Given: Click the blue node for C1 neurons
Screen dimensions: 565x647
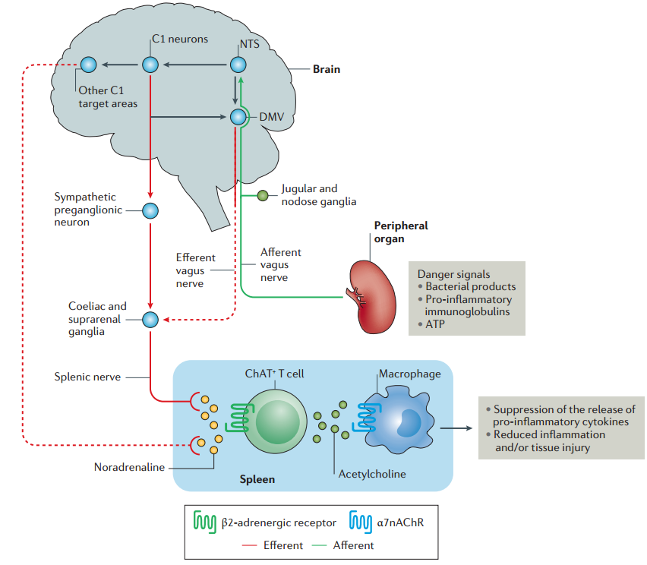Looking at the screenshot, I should click(x=150, y=65).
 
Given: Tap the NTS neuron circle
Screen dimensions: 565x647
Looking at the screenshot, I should click(x=239, y=65).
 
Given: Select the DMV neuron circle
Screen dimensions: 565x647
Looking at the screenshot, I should click(x=239, y=117).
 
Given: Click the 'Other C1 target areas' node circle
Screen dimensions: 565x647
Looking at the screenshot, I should click(x=89, y=65).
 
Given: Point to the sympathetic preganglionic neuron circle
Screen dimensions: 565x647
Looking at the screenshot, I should click(x=150, y=210).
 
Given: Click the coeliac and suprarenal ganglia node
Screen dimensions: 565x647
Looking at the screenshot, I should click(x=150, y=319).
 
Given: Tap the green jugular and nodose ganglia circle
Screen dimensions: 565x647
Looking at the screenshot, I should click(x=263, y=196).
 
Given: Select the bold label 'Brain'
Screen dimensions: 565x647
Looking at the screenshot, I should click(x=327, y=69).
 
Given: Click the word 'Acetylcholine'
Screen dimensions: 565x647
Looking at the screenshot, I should click(x=372, y=474).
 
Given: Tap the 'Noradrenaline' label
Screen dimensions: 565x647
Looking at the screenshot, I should click(x=129, y=468).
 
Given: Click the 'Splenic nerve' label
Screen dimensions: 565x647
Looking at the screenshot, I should click(x=87, y=376).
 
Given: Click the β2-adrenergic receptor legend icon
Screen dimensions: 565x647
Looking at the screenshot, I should click(x=206, y=522).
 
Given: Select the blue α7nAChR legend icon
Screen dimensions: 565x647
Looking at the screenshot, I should click(x=361, y=522).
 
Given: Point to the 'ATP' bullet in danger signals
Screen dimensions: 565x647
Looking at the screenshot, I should click(x=436, y=324).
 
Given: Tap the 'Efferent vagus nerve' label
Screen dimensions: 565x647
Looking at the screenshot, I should click(x=195, y=270).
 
